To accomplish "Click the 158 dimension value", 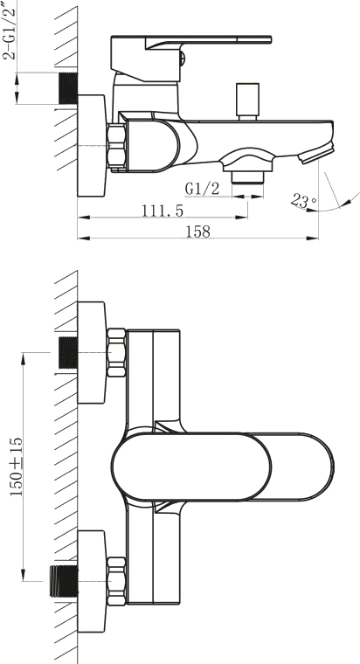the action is pos(197,232).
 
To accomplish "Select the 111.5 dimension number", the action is pos(163,210).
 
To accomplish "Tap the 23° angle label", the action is pos(303,201).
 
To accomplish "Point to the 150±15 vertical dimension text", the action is pos(17,467).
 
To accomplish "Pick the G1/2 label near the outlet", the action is pos(203,189).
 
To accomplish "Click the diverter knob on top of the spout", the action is pos(248,101).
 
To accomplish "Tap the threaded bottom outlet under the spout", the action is pos(248,176).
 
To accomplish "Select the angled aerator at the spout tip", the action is pos(316,153).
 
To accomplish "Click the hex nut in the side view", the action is pos(116,147).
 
